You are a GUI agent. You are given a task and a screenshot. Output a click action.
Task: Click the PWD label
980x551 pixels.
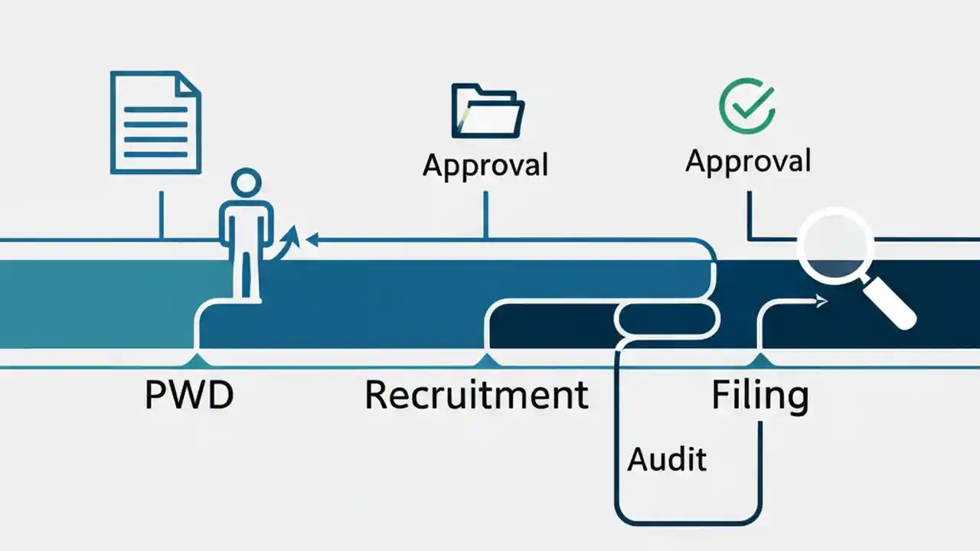pos(188,395)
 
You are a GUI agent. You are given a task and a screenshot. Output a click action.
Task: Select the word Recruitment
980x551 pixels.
pos(476,395)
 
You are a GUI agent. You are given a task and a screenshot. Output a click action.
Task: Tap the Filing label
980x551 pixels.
pos(759,396)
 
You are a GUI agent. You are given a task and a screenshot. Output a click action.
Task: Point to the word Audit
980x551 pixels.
pos(667,458)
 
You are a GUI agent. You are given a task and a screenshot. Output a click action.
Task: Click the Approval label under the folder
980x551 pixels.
pos(485,165)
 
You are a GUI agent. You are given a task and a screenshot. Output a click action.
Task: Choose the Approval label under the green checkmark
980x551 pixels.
pos(748,161)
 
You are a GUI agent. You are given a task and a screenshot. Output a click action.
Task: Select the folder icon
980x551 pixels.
pos(488,112)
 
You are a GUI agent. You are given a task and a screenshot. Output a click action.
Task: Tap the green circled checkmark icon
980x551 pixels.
pos(747,106)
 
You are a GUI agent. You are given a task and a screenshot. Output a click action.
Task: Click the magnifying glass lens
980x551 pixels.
pos(835,245)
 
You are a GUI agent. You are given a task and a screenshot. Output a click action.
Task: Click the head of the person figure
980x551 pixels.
pos(245,186)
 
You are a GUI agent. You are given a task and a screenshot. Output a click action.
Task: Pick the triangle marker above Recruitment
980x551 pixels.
pos(485,360)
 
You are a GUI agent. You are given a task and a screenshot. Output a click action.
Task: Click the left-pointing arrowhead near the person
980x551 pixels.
pos(312,240)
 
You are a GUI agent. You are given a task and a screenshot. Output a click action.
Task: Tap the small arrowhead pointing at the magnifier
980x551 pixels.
pos(822,302)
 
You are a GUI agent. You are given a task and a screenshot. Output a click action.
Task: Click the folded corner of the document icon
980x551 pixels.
pos(188,83)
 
